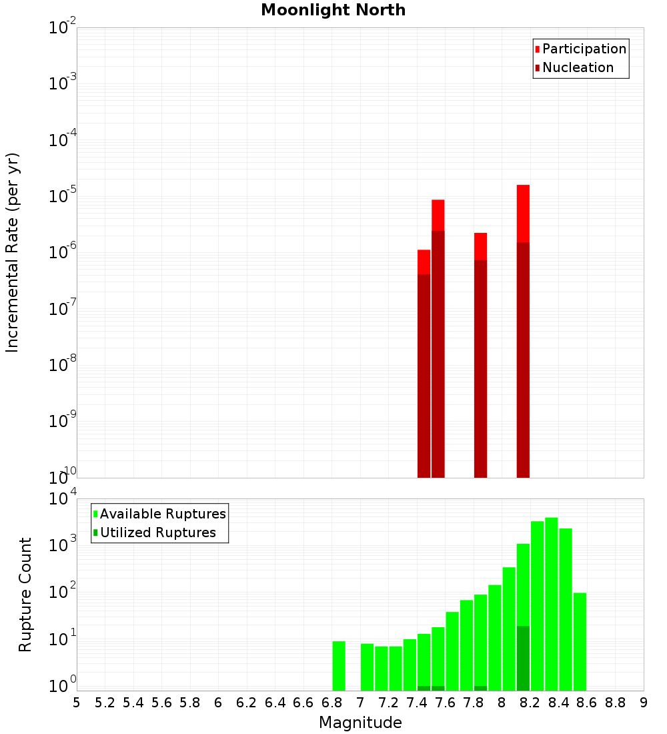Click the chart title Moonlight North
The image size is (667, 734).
pos(333,10)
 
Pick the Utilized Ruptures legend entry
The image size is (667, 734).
pos(157,532)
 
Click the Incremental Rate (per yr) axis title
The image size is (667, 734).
pos(13,253)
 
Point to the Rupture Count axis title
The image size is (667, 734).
pos(25,594)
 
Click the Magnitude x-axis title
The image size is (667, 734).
pos(360,723)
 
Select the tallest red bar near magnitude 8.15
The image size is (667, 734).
pos(523,214)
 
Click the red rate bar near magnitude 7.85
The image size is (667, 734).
pos(480,247)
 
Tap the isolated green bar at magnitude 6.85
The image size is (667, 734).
pos(339,666)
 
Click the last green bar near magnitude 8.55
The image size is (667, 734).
pos(580,641)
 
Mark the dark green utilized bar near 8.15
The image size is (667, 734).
pos(523,658)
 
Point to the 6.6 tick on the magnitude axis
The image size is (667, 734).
pos(303,703)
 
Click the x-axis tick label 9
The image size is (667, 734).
pos(644,703)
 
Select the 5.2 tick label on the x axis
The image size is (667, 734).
pos(105,703)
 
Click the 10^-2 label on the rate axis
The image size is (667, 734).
pos(63,28)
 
